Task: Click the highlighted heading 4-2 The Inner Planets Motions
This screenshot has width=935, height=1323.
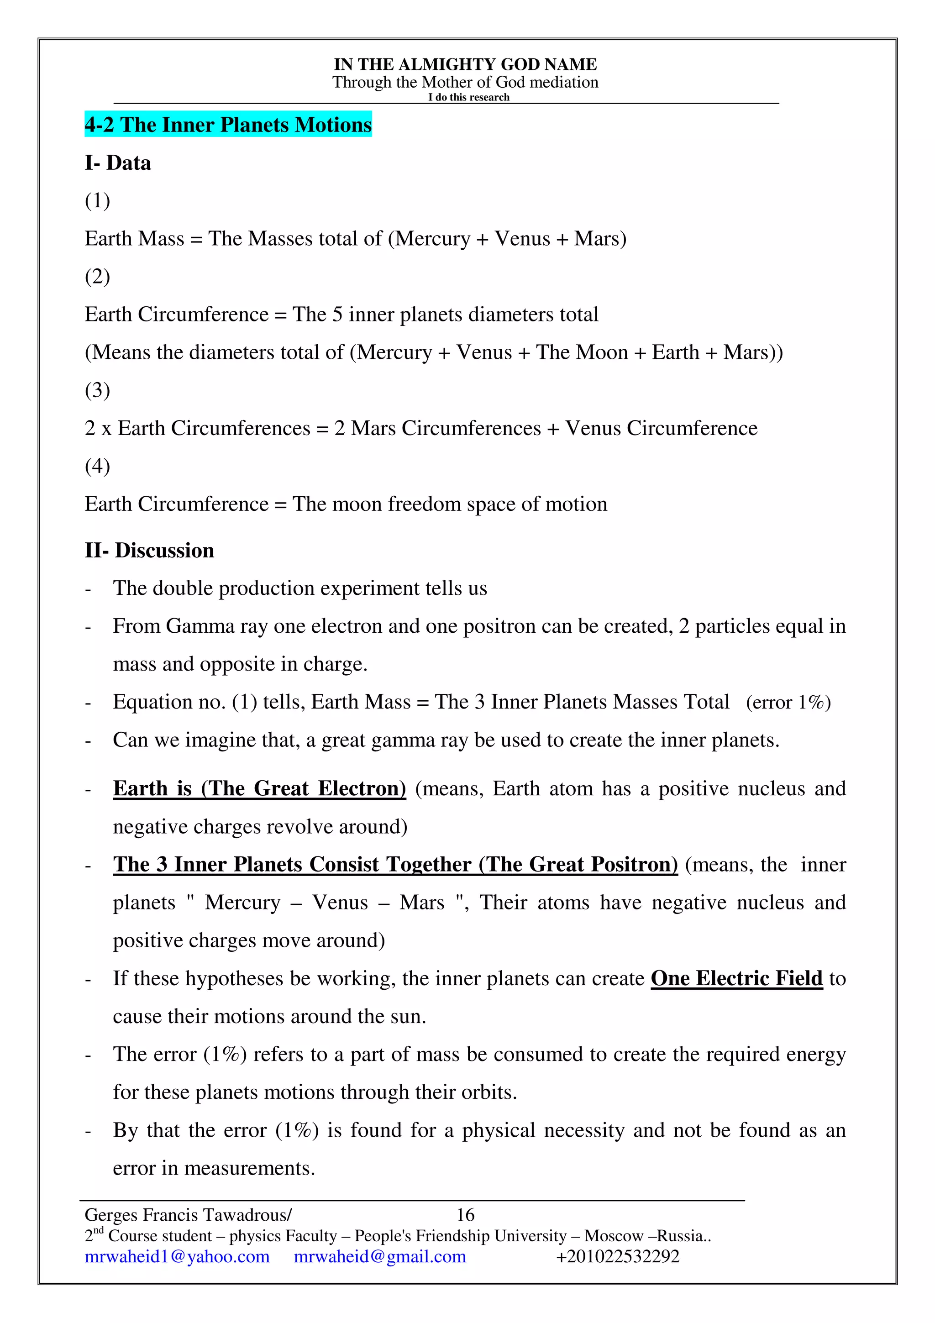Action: [x=228, y=125]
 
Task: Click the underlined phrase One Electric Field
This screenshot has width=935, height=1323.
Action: [x=736, y=978]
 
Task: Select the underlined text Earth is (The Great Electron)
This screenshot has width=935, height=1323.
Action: [x=259, y=788]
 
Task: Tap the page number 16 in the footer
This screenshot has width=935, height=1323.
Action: [x=466, y=1215]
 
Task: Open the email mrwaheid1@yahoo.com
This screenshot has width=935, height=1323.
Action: [x=177, y=1256]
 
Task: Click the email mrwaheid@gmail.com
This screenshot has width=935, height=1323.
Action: [x=380, y=1256]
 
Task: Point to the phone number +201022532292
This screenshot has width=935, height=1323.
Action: [x=618, y=1256]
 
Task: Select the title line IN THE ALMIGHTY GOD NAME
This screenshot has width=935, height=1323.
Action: [x=466, y=64]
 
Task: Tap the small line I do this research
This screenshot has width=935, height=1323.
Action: [x=468, y=97]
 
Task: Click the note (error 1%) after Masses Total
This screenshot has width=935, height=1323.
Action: [x=788, y=703]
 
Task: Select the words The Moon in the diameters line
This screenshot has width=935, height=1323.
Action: [x=582, y=352]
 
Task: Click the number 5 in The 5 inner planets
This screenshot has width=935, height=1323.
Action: [x=337, y=314]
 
